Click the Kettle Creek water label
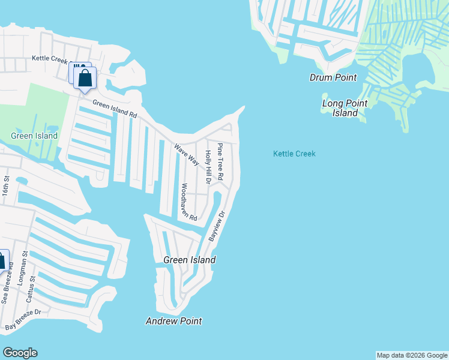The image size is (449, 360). tap(294, 154)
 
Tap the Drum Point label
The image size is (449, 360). tap(333, 77)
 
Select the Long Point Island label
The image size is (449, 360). tap(345, 108)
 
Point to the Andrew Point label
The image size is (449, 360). tap(173, 322)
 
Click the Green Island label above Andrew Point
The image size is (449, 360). tap(189, 260)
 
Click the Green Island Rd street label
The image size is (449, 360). tap(115, 109)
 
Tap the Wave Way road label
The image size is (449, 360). tap(187, 154)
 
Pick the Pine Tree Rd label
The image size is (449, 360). tap(220, 162)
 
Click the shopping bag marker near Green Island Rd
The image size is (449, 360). tap(85, 79)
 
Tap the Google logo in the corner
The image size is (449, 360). tap(20, 353)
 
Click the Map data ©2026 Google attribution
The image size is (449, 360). tap(412, 355)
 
